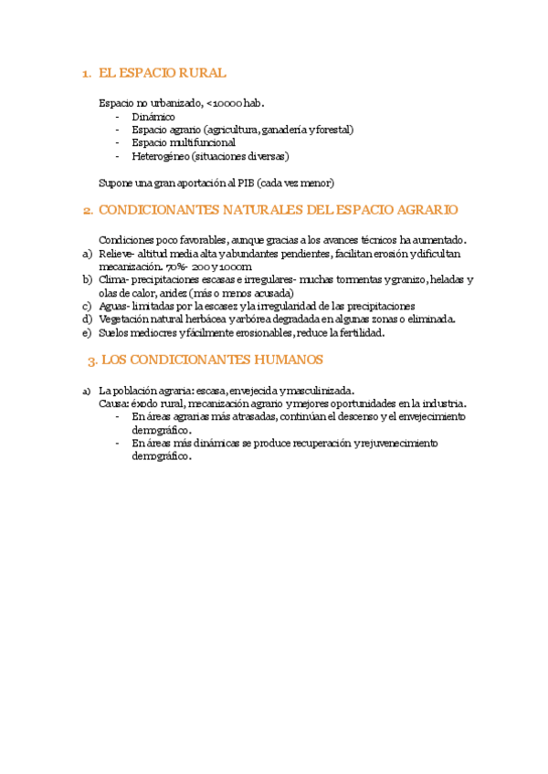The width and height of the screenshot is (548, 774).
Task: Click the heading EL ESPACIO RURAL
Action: pyautogui.click(x=162, y=73)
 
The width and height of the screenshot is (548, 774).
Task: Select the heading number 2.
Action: pyautogui.click(x=87, y=210)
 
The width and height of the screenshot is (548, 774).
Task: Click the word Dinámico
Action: pyautogui.click(x=153, y=117)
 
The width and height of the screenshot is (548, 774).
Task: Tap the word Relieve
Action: pyautogui.click(x=116, y=253)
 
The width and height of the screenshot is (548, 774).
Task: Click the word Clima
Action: pyautogui.click(x=112, y=279)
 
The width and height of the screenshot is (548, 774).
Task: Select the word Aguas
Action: pyautogui.click(x=114, y=306)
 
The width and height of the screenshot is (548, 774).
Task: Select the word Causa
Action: pyautogui.click(x=114, y=403)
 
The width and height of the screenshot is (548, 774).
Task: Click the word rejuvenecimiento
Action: pyautogui.click(x=392, y=443)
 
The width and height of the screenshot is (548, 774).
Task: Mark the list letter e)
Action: pyautogui.click(x=87, y=332)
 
